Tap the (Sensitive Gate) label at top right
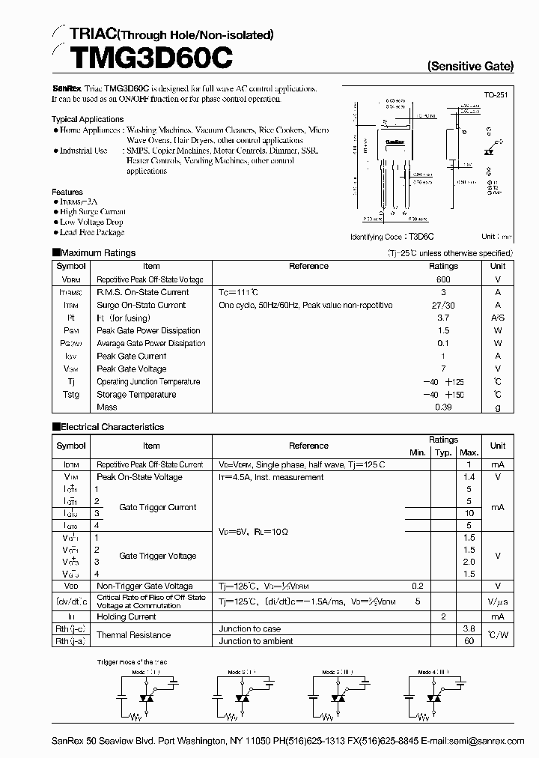(x=470, y=66)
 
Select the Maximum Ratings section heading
(x=94, y=253)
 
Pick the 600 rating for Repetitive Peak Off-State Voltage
(x=443, y=279)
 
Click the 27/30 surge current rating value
(x=443, y=305)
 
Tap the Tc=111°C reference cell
(x=238, y=292)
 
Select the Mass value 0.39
(x=443, y=407)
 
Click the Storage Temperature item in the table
(x=136, y=395)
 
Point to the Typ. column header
(x=443, y=452)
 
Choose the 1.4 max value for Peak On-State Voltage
(x=469, y=477)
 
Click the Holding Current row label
(x=127, y=617)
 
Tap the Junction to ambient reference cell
(x=256, y=641)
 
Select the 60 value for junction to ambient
(x=469, y=641)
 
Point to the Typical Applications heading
(x=88, y=119)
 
